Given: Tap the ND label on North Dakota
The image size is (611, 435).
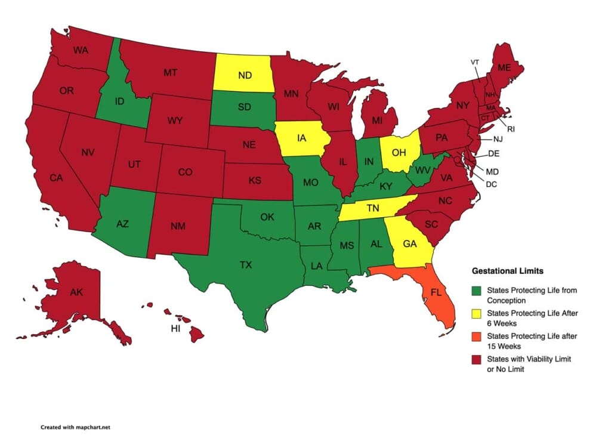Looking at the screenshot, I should click(x=245, y=75).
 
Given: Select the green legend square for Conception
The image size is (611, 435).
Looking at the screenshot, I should click(x=476, y=291).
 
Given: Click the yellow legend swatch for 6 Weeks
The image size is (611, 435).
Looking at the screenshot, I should click(x=476, y=313).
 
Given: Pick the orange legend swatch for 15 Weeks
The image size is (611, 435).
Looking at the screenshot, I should click(x=476, y=336).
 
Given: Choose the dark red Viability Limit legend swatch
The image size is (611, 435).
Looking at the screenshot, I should click(x=476, y=359).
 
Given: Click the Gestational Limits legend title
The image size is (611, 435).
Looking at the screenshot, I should click(x=507, y=271).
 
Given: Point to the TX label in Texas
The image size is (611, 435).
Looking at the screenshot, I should click(x=245, y=265).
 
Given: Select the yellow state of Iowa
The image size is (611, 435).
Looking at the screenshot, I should click(x=303, y=138).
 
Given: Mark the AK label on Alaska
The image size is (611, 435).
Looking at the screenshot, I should click(x=76, y=293).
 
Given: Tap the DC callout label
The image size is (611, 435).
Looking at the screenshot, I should click(x=491, y=184).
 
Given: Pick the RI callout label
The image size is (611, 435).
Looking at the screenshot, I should click(x=510, y=129).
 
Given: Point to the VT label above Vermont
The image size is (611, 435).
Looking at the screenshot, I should click(x=475, y=62).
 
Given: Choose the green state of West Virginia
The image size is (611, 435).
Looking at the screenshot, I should click(x=423, y=169).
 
